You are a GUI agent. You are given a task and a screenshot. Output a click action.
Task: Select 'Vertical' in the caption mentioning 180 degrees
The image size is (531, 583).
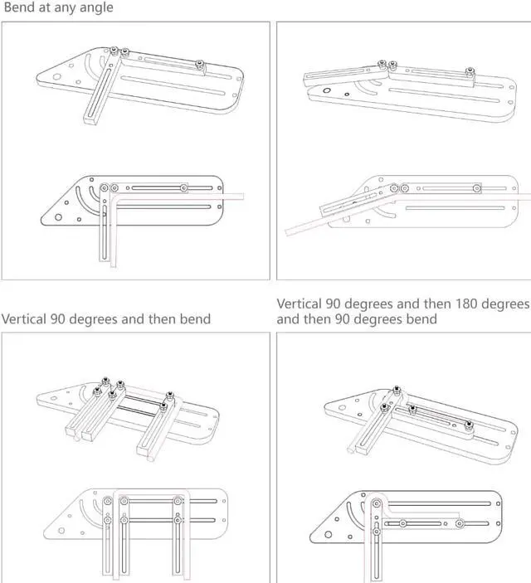[x=300, y=304]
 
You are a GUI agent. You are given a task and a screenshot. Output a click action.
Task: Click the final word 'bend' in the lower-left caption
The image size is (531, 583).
[x=194, y=318]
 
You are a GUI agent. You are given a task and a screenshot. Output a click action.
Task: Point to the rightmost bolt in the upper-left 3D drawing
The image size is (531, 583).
[x=199, y=64]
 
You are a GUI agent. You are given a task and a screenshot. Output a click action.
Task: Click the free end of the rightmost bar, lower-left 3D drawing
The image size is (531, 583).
[x=148, y=452]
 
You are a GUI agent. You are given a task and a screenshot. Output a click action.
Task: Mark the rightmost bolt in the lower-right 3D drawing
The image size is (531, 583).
[x=469, y=425]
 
